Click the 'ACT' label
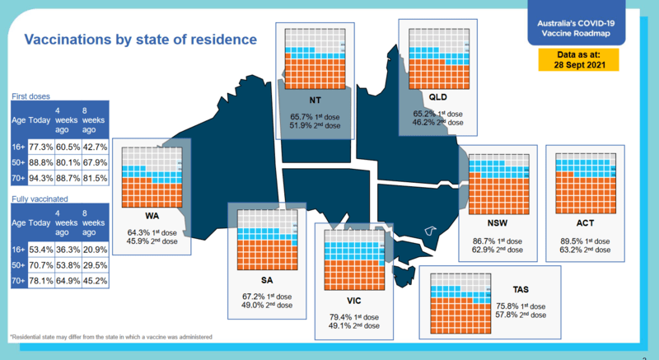coord(586,223)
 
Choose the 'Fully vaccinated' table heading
coord(40,199)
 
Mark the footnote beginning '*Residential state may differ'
coord(111,338)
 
